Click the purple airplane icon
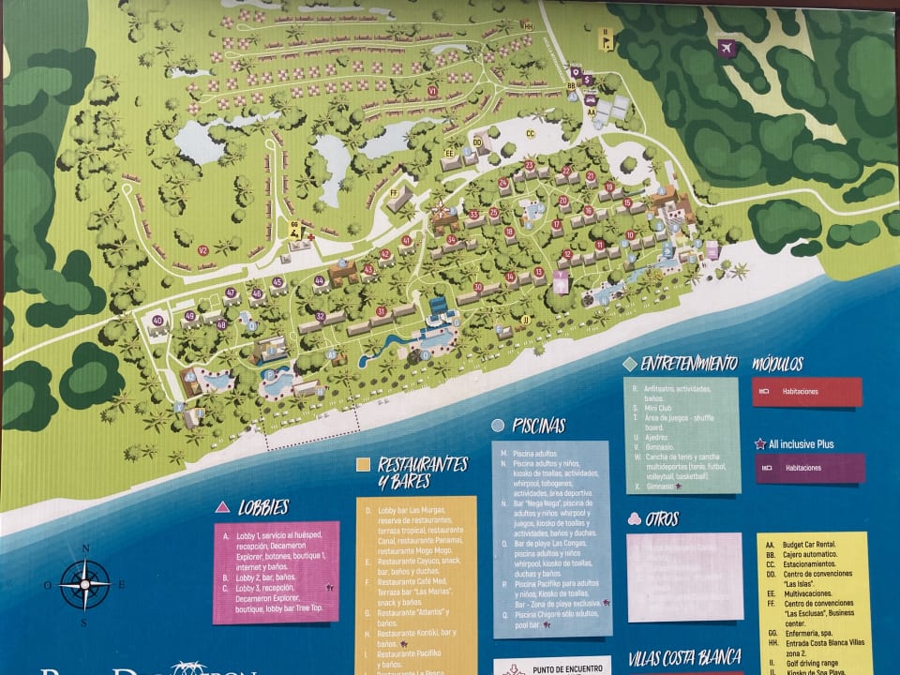(x=726, y=48)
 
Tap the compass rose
(x=84, y=584)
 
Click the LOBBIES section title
(x=262, y=506)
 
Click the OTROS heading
(x=661, y=518)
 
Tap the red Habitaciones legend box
(x=806, y=391)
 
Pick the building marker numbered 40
(x=157, y=322)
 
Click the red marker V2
(x=202, y=250)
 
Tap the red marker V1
(x=432, y=91)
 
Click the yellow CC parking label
(x=531, y=133)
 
